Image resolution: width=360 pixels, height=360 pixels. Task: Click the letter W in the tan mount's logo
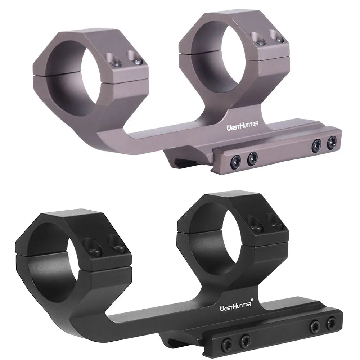pyautogui.click(x=229, y=127)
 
